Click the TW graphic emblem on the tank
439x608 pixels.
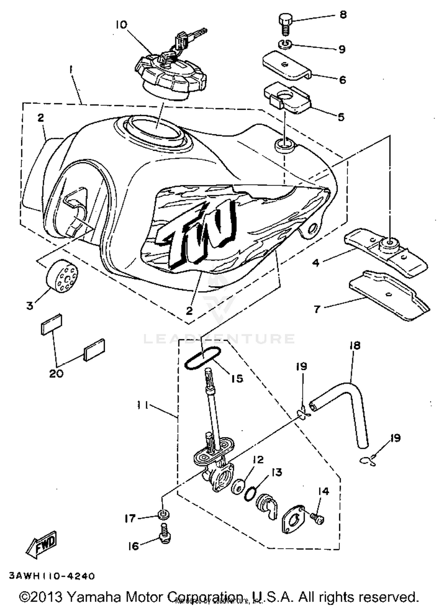(199, 231)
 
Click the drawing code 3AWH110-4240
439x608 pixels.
(52, 576)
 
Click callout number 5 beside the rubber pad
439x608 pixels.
(341, 117)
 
